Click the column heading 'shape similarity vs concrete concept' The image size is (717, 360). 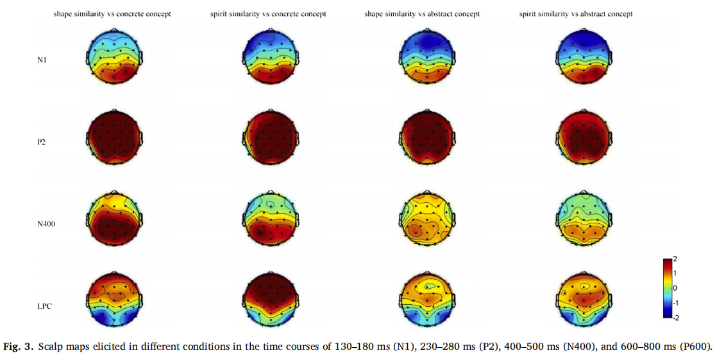(x=112, y=13)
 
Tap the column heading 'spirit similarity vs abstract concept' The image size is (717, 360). (x=576, y=13)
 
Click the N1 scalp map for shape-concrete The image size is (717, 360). (x=113, y=56)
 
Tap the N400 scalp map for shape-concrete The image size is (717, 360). (x=113, y=219)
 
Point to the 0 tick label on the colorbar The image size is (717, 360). (x=675, y=287)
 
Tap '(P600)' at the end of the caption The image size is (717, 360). (x=696, y=347)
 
